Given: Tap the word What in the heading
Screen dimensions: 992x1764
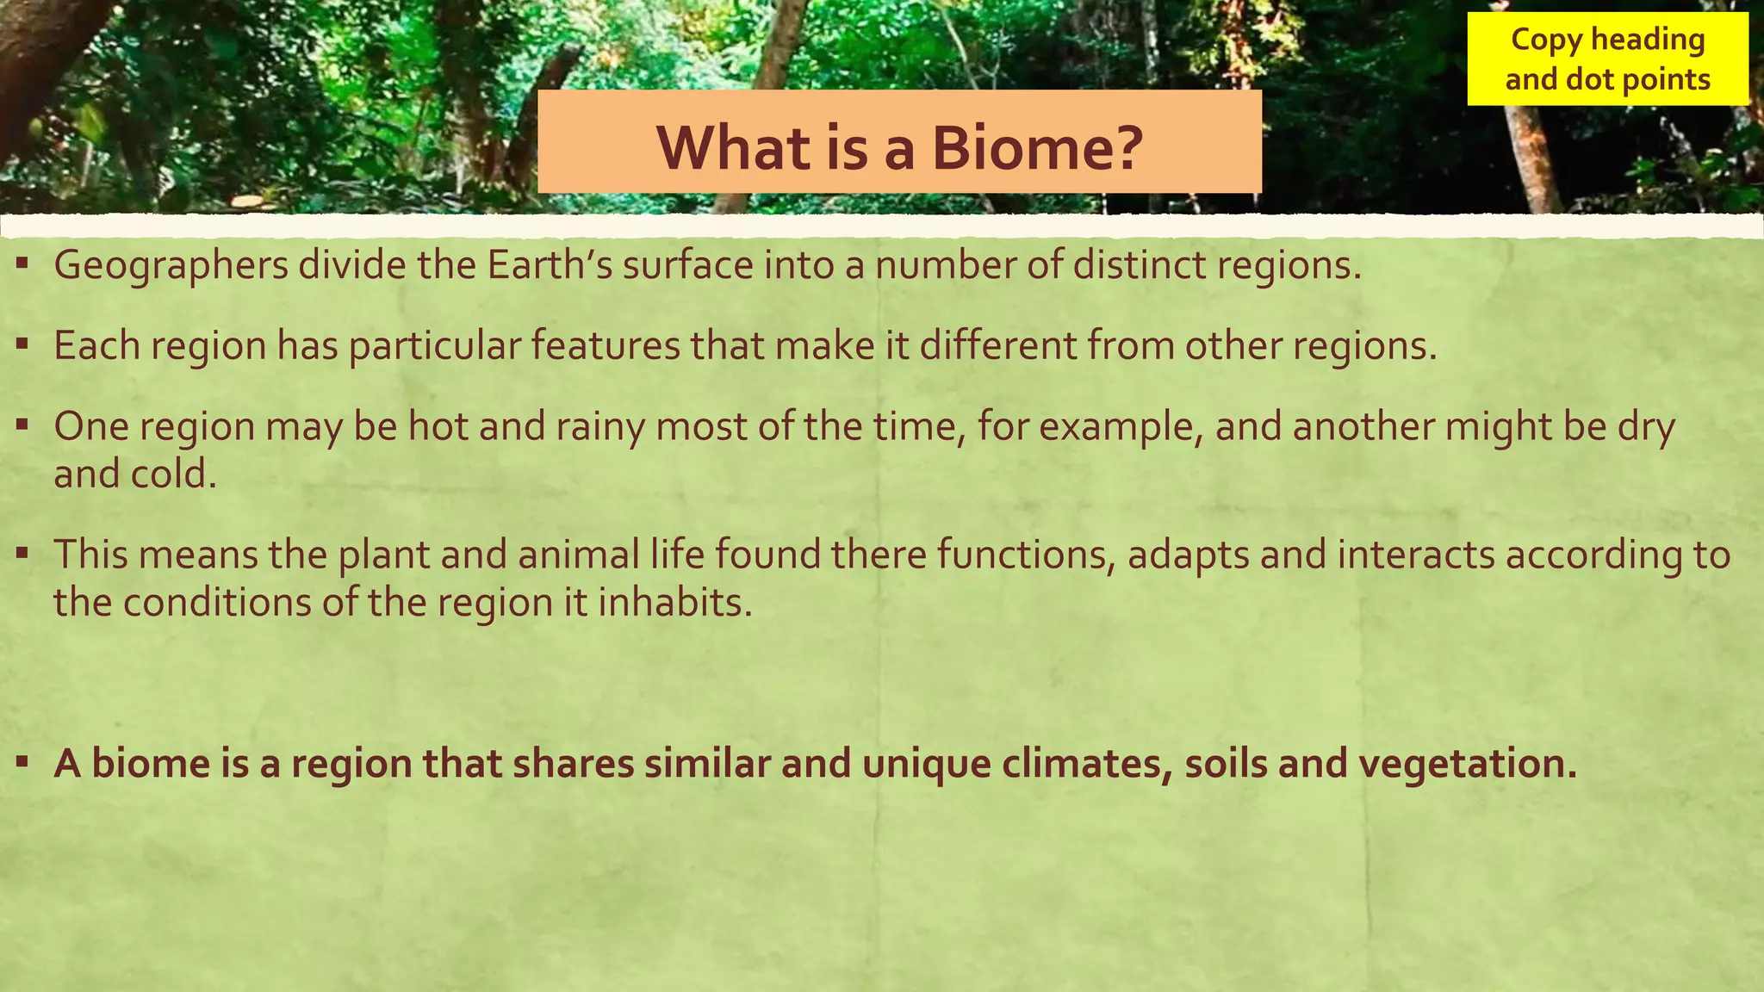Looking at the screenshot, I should [x=732, y=148].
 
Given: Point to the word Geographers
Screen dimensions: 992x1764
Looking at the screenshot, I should [x=171, y=265].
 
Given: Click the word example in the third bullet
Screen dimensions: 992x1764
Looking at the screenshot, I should [x=1120, y=427].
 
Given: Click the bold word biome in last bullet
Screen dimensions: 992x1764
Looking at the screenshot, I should [x=150, y=764].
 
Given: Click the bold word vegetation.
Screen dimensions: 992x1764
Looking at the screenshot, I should [x=1467, y=764].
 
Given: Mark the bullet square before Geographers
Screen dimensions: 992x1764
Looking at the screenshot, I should [x=23, y=263].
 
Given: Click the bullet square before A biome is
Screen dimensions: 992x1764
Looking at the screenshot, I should [x=23, y=762].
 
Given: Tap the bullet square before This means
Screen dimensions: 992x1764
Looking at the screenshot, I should [x=23, y=553].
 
